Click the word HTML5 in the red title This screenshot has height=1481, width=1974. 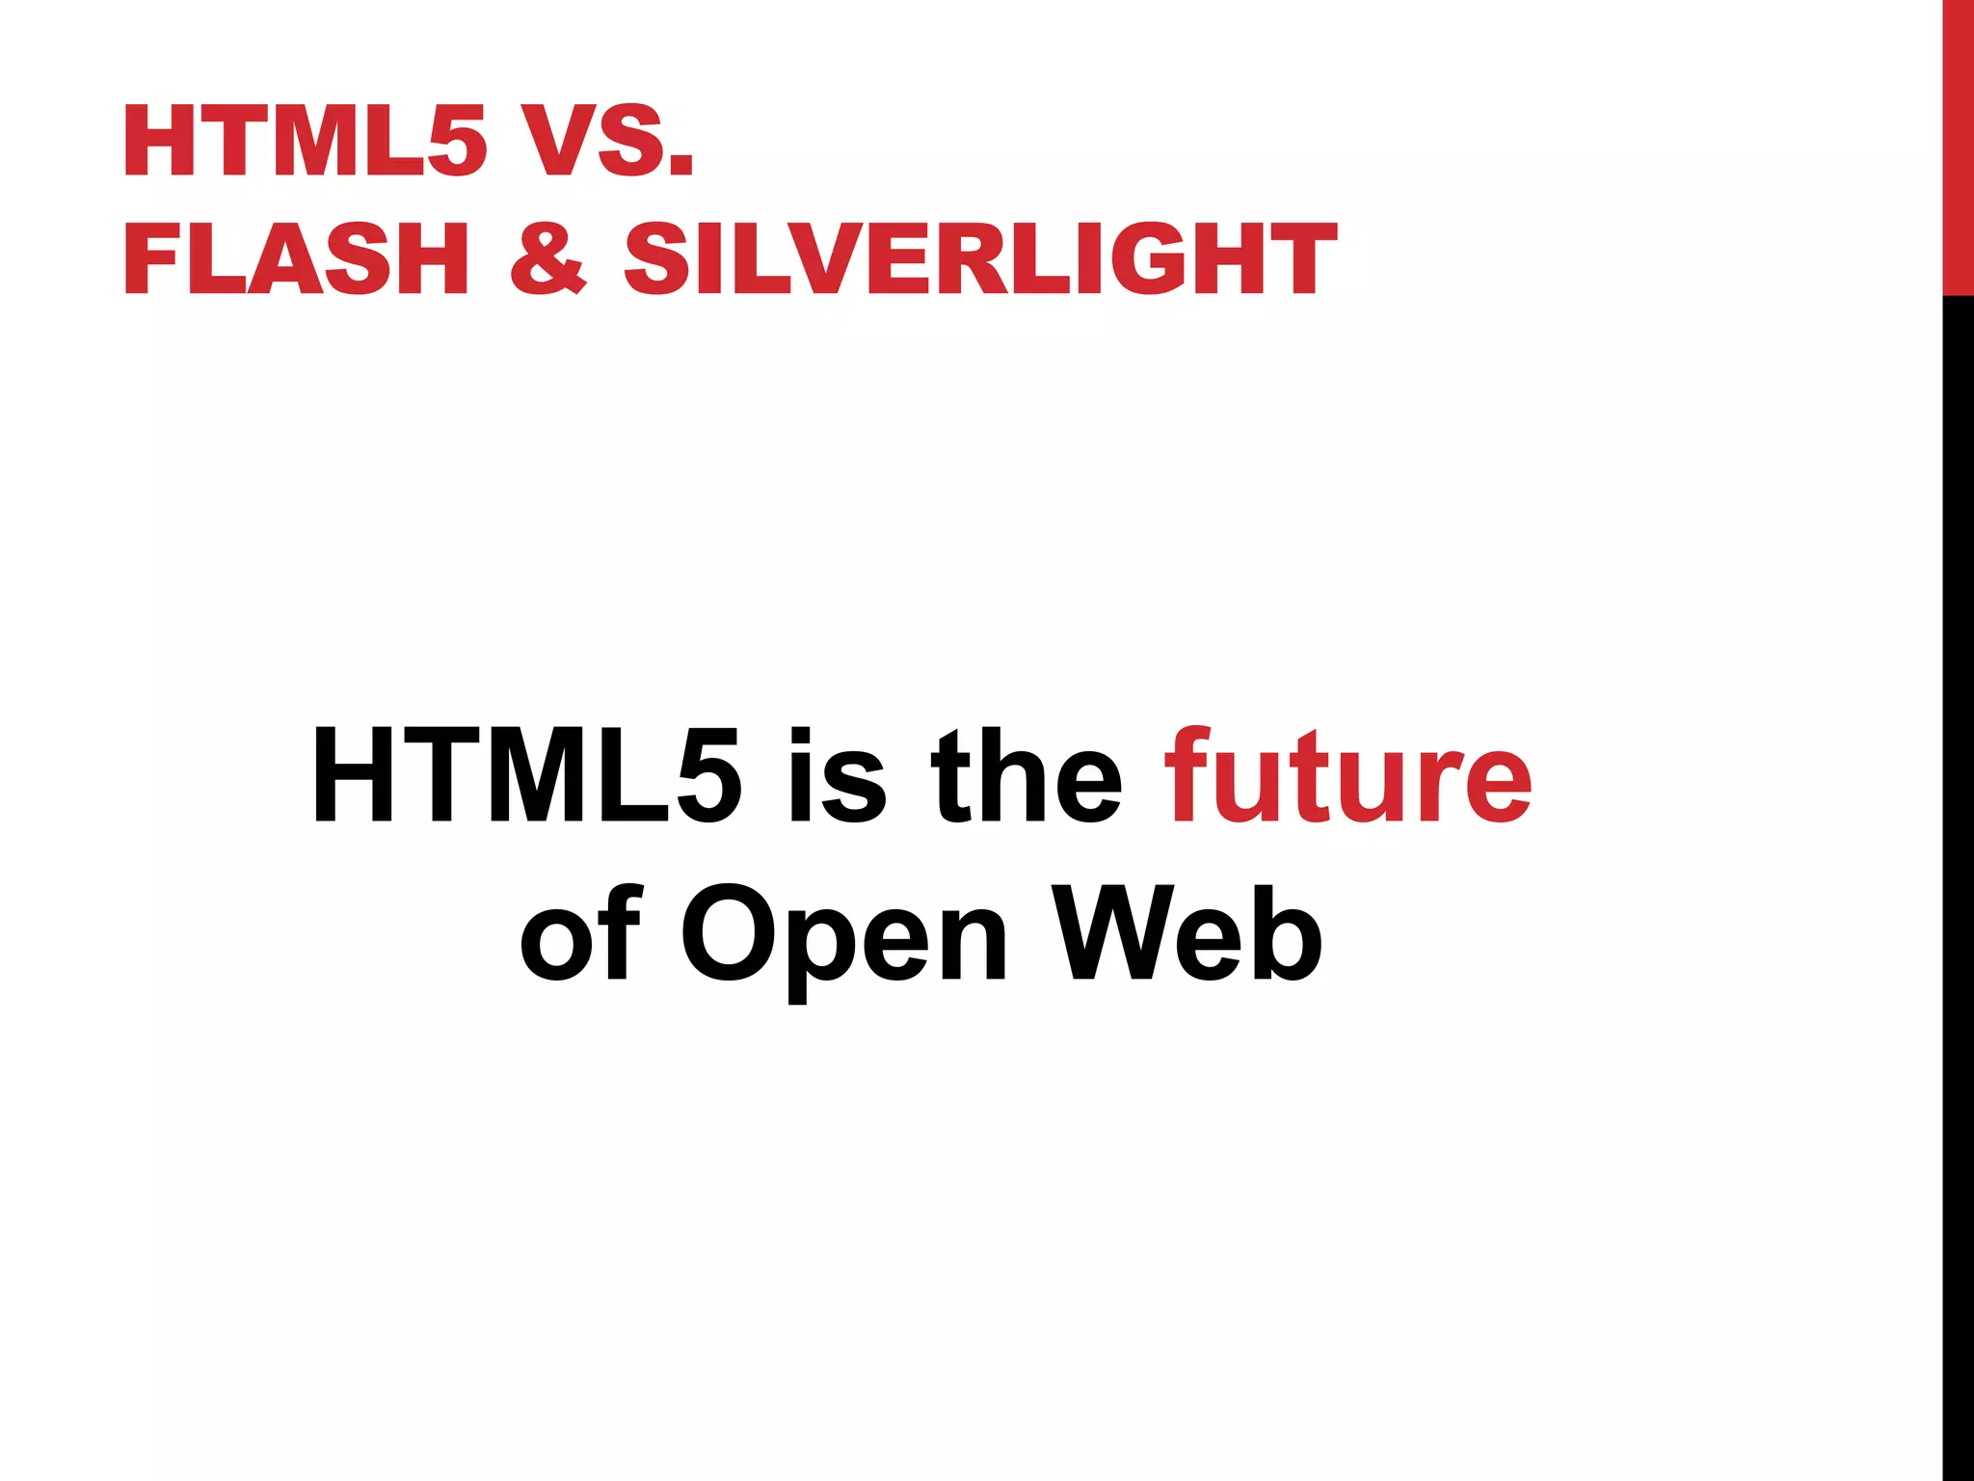[305, 142]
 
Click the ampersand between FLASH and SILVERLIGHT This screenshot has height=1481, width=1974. [547, 258]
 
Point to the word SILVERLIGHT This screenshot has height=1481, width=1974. [980, 258]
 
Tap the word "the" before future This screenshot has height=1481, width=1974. [1026, 776]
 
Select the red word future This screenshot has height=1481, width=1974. [1348, 776]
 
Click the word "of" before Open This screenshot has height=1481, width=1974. [579, 933]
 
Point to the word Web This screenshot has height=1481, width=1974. [1186, 933]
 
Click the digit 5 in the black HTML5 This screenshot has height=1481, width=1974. [708, 777]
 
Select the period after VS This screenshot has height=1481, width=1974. [680, 166]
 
